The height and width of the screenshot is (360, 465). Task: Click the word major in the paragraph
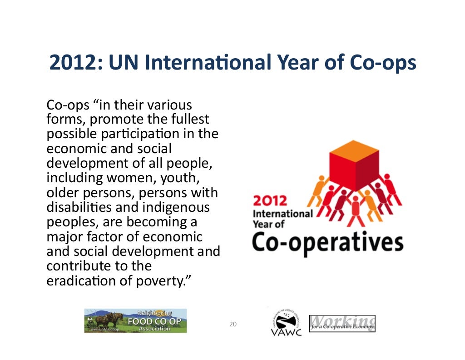coord(64,237)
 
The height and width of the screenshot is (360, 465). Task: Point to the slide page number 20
coord(233,324)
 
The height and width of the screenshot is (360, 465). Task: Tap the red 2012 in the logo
coord(270,200)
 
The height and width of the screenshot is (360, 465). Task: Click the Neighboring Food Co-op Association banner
coord(135,320)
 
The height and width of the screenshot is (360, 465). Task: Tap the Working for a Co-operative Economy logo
coord(342,323)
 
